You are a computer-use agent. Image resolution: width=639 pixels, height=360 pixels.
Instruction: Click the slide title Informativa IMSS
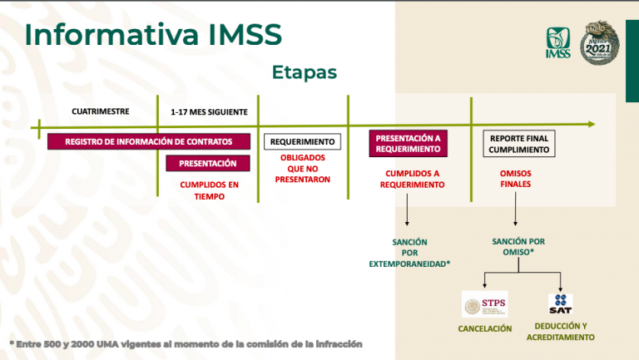(x=153, y=35)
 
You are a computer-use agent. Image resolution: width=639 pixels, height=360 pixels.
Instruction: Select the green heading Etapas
(x=304, y=72)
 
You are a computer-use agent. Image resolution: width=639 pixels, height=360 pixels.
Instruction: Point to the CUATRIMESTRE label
(x=101, y=111)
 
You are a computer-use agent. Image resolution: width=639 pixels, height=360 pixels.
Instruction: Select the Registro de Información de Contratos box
(x=149, y=141)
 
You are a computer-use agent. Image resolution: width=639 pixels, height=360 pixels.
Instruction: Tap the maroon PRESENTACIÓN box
(x=208, y=163)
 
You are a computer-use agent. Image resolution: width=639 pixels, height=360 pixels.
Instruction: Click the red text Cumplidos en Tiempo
(x=209, y=190)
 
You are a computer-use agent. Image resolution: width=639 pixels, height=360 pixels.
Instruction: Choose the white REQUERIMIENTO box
(x=303, y=141)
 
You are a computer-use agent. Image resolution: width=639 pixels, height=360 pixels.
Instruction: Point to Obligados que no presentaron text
(x=303, y=168)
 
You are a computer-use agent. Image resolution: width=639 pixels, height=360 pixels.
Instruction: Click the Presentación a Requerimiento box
(x=408, y=144)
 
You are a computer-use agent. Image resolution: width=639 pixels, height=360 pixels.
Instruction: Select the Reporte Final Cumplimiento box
(x=518, y=144)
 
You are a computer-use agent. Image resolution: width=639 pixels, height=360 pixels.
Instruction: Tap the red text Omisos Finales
(x=516, y=179)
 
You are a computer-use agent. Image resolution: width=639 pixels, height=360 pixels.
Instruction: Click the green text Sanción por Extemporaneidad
(x=409, y=252)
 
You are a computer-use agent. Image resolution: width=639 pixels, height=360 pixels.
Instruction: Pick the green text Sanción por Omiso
(x=518, y=246)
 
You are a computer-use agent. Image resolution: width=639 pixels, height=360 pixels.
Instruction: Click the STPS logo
(x=484, y=303)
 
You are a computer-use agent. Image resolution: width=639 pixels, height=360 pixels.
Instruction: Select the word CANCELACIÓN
(x=484, y=328)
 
